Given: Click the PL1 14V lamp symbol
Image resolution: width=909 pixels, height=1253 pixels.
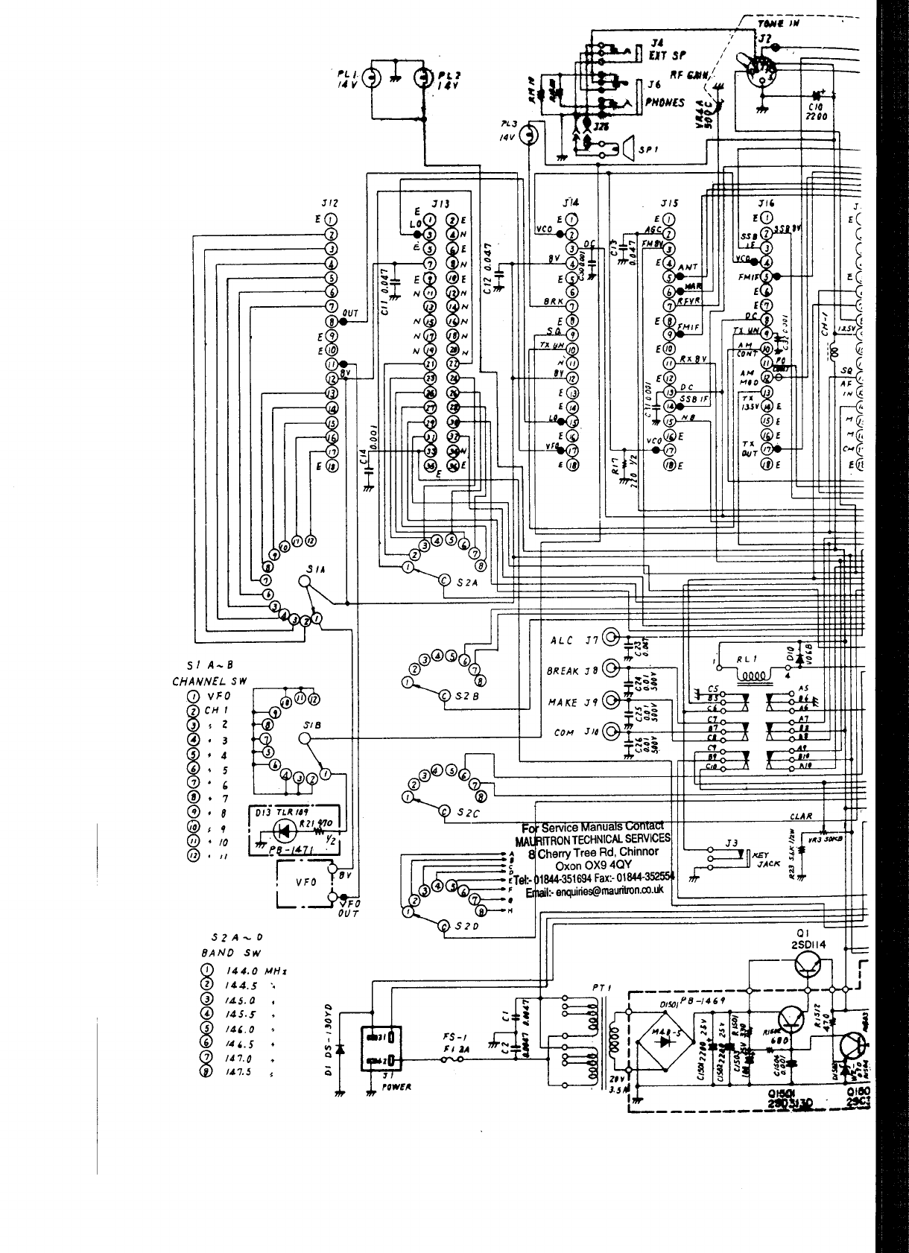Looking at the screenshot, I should tap(374, 77).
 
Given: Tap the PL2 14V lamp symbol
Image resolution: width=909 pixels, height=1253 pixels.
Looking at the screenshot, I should tap(424, 77).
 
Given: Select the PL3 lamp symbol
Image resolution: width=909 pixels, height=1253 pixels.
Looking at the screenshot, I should tap(529, 135).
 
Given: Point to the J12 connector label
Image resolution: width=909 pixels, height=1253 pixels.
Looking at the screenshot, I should tap(329, 203).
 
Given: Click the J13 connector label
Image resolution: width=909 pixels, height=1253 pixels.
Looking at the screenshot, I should tap(440, 203).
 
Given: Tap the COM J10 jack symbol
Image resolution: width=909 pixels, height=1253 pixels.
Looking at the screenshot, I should tap(612, 731).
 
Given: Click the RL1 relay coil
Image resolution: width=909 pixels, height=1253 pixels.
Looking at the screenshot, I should tap(754, 675).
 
